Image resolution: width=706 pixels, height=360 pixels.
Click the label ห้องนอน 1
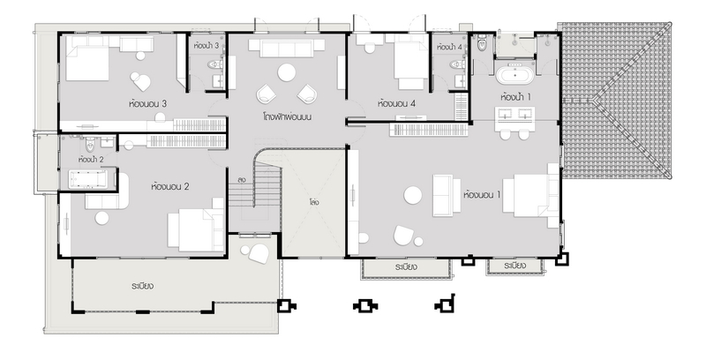(482, 195)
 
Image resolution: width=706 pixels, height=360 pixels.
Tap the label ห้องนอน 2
(169, 186)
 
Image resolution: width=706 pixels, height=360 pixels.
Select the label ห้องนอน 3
(147, 104)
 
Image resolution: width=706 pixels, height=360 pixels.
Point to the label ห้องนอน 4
(396, 104)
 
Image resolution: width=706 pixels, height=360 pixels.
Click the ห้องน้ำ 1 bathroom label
(515, 97)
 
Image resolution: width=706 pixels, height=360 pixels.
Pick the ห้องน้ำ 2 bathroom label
(91, 160)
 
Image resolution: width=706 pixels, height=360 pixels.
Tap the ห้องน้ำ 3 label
(207, 46)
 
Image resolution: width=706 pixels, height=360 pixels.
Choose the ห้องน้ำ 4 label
(449, 47)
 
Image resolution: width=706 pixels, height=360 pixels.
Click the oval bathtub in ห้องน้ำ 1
(514, 75)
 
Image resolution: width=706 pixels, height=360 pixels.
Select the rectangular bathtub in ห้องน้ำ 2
(87, 179)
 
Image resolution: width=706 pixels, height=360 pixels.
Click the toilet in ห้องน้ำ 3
(215, 64)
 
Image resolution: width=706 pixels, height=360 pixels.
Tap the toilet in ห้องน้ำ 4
(458, 64)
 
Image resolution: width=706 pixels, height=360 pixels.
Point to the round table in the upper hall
(286, 72)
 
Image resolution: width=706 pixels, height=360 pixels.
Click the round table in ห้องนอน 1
(412, 195)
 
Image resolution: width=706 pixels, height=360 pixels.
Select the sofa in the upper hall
(286, 48)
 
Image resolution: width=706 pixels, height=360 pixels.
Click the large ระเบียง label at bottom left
(143, 286)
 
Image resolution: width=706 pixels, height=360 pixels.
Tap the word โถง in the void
(314, 202)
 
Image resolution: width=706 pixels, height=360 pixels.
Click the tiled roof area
(615, 101)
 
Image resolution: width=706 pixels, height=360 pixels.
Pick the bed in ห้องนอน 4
(411, 61)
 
